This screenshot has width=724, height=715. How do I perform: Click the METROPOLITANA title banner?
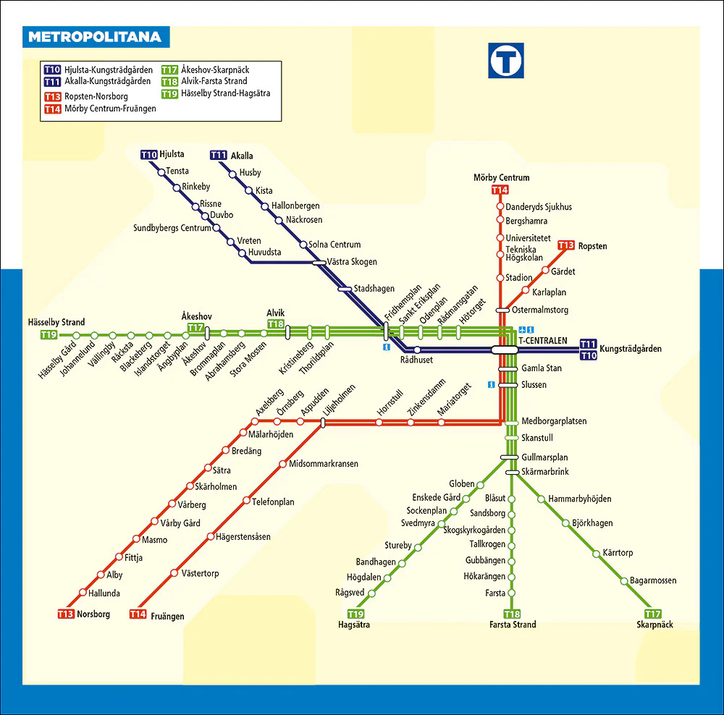[x=96, y=37]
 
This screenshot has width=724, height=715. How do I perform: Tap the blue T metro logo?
[x=506, y=61]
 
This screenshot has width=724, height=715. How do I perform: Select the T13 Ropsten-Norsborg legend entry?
[x=86, y=96]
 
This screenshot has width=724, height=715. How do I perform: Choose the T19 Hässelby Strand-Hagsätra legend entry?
[x=216, y=93]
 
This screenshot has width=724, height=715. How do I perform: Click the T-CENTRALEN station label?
[x=542, y=341]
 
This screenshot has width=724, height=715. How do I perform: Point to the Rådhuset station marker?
[x=417, y=350]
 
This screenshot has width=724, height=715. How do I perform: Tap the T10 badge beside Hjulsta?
[x=149, y=155]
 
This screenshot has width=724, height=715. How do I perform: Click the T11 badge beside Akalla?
[x=219, y=155]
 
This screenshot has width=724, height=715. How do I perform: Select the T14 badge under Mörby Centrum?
[x=500, y=190]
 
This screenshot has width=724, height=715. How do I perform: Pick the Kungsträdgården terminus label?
[x=631, y=349]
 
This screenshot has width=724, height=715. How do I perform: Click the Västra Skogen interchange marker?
[x=319, y=263]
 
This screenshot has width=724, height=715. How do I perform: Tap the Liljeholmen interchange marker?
[x=323, y=423]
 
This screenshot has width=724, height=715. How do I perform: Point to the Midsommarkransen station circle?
[x=282, y=464]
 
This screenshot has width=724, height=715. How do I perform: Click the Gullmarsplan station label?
[x=545, y=457]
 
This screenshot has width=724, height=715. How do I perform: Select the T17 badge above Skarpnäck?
[x=653, y=614]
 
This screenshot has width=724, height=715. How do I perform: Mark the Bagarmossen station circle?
[x=624, y=581]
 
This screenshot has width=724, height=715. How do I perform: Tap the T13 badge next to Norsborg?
[x=66, y=614]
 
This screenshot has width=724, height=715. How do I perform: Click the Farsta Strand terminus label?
[x=513, y=625]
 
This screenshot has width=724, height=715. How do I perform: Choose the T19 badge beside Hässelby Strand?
[x=49, y=334]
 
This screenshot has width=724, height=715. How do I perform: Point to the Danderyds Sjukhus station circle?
[x=500, y=206]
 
